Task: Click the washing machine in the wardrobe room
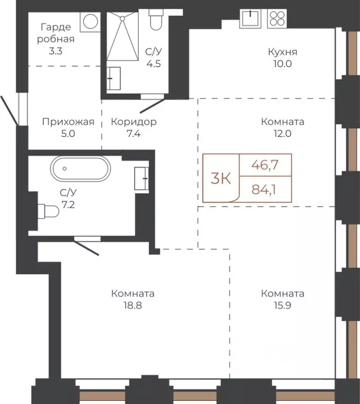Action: (x=90, y=22)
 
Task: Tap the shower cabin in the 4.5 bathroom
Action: (x=123, y=36)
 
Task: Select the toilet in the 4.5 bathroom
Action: (x=156, y=20)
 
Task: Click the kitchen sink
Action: (x=251, y=18)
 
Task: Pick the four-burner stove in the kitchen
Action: (x=277, y=18)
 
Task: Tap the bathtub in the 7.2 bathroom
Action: (x=81, y=169)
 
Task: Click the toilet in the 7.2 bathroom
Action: (x=48, y=211)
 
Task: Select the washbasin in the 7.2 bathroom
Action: (x=142, y=178)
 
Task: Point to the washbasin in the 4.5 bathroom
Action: (x=114, y=78)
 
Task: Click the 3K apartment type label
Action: (x=221, y=178)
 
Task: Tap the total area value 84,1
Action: (x=264, y=190)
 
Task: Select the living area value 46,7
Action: (x=265, y=165)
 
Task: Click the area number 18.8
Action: (x=133, y=306)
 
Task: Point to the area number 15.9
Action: (x=283, y=306)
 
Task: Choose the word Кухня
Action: (x=283, y=52)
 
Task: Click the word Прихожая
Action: (x=68, y=122)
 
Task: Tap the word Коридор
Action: (x=134, y=122)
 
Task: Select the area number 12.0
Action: (x=283, y=134)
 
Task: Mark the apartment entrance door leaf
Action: (x=9, y=111)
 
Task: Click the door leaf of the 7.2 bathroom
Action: (x=86, y=248)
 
